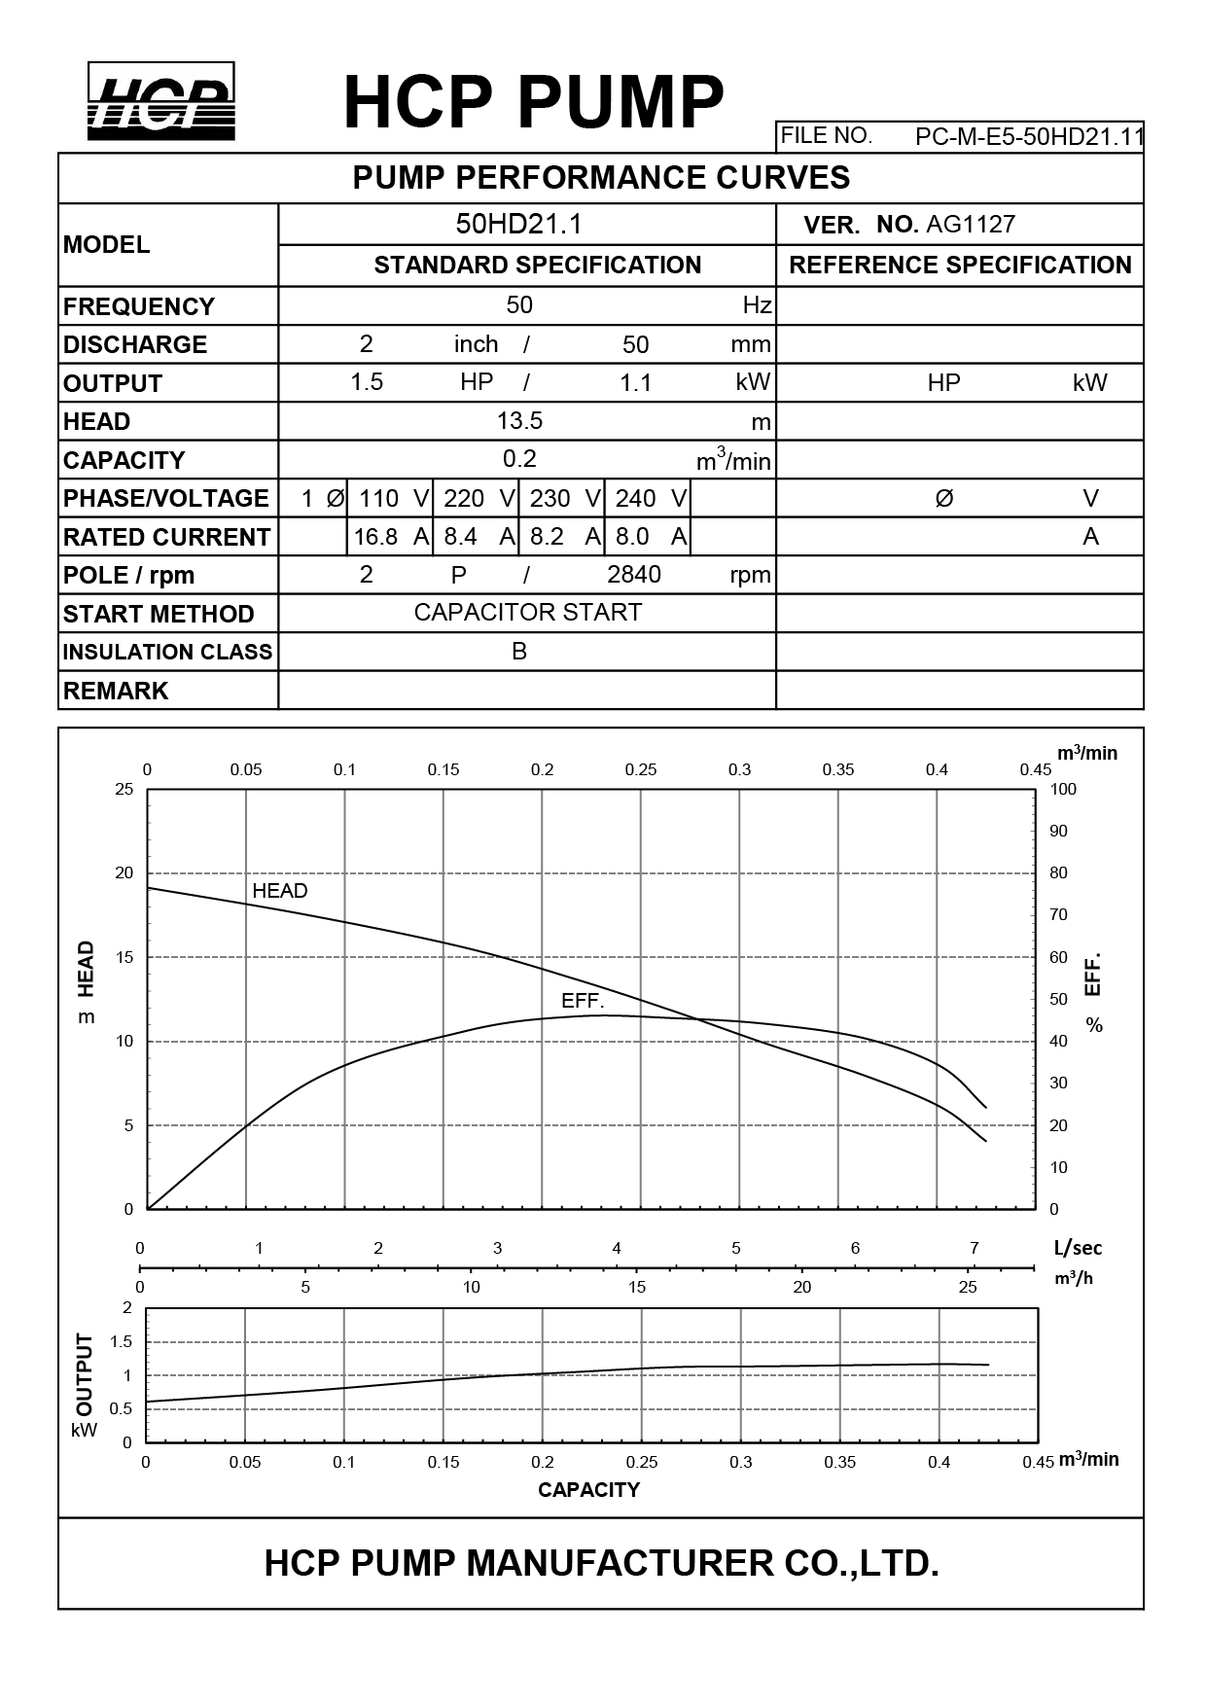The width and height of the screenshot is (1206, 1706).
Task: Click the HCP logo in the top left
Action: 161,101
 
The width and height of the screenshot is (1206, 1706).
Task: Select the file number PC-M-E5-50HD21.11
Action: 1029,137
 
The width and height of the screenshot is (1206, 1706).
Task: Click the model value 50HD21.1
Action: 518,225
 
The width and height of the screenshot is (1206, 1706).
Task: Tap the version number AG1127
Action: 970,225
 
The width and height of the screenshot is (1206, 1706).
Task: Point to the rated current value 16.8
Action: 375,537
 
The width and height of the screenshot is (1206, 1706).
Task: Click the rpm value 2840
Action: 634,575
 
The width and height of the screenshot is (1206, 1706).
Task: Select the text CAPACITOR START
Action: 528,613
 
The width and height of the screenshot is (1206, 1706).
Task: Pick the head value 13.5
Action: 519,421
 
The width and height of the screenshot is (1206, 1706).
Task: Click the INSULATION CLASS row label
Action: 167,652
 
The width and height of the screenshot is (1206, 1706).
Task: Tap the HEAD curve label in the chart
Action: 279,891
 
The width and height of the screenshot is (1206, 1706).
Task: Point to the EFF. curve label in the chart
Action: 583,1001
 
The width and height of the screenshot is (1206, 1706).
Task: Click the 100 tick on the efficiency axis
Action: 1063,789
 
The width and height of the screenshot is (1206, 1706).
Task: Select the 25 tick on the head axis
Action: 124,789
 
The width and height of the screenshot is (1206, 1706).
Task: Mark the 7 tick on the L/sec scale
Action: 975,1248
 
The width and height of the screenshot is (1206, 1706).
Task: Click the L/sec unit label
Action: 1078,1248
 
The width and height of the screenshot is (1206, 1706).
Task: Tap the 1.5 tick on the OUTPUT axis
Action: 121,1342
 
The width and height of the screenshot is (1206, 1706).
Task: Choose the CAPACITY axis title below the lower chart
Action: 588,1490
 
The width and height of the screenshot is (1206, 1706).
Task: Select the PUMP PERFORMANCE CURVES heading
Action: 601,178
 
